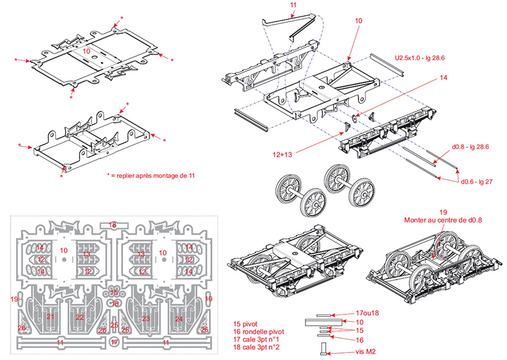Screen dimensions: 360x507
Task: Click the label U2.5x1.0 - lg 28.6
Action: pos(428,57)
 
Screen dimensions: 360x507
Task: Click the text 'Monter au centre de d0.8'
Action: pos(443,220)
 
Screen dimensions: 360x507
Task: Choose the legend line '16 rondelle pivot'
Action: pos(259,331)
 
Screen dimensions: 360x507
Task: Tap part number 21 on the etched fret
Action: pos(51,317)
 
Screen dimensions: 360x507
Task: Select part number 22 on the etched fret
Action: pos(80,317)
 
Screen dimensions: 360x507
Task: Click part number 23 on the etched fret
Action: pos(146,318)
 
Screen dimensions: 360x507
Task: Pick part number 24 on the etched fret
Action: pos(178,318)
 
